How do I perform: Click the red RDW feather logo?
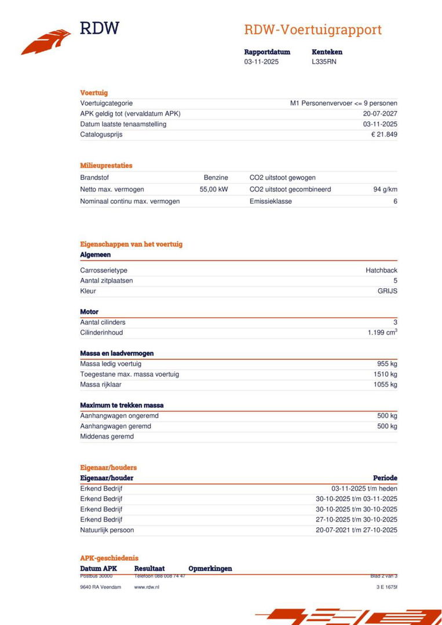(x=46, y=42)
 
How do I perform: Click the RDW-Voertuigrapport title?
(x=312, y=30)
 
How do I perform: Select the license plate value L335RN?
(x=324, y=62)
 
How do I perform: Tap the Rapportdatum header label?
(x=267, y=52)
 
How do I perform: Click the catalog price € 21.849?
(x=384, y=135)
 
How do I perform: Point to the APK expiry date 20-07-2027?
(x=380, y=114)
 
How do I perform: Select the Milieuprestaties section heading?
(x=106, y=166)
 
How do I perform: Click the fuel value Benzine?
(x=215, y=178)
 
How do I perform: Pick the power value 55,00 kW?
(x=214, y=189)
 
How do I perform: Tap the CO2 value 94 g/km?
(x=385, y=189)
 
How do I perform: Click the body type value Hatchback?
(x=381, y=270)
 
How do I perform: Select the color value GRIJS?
(x=387, y=291)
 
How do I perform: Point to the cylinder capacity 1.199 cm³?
(x=382, y=333)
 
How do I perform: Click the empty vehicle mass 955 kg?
(x=387, y=364)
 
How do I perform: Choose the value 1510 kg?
(x=385, y=374)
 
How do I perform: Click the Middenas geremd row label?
(x=107, y=437)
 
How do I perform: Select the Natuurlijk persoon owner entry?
(x=107, y=530)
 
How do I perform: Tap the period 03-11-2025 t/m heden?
(x=364, y=488)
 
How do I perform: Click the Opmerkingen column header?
(x=210, y=569)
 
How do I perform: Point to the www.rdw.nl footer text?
(x=147, y=587)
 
